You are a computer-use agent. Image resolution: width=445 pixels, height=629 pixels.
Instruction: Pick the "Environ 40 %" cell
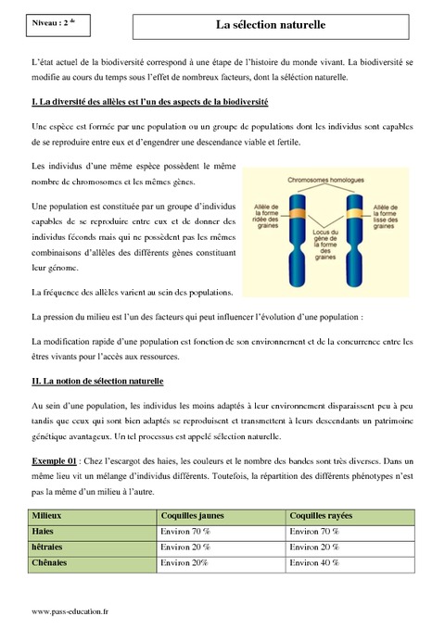click(x=314, y=563)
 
